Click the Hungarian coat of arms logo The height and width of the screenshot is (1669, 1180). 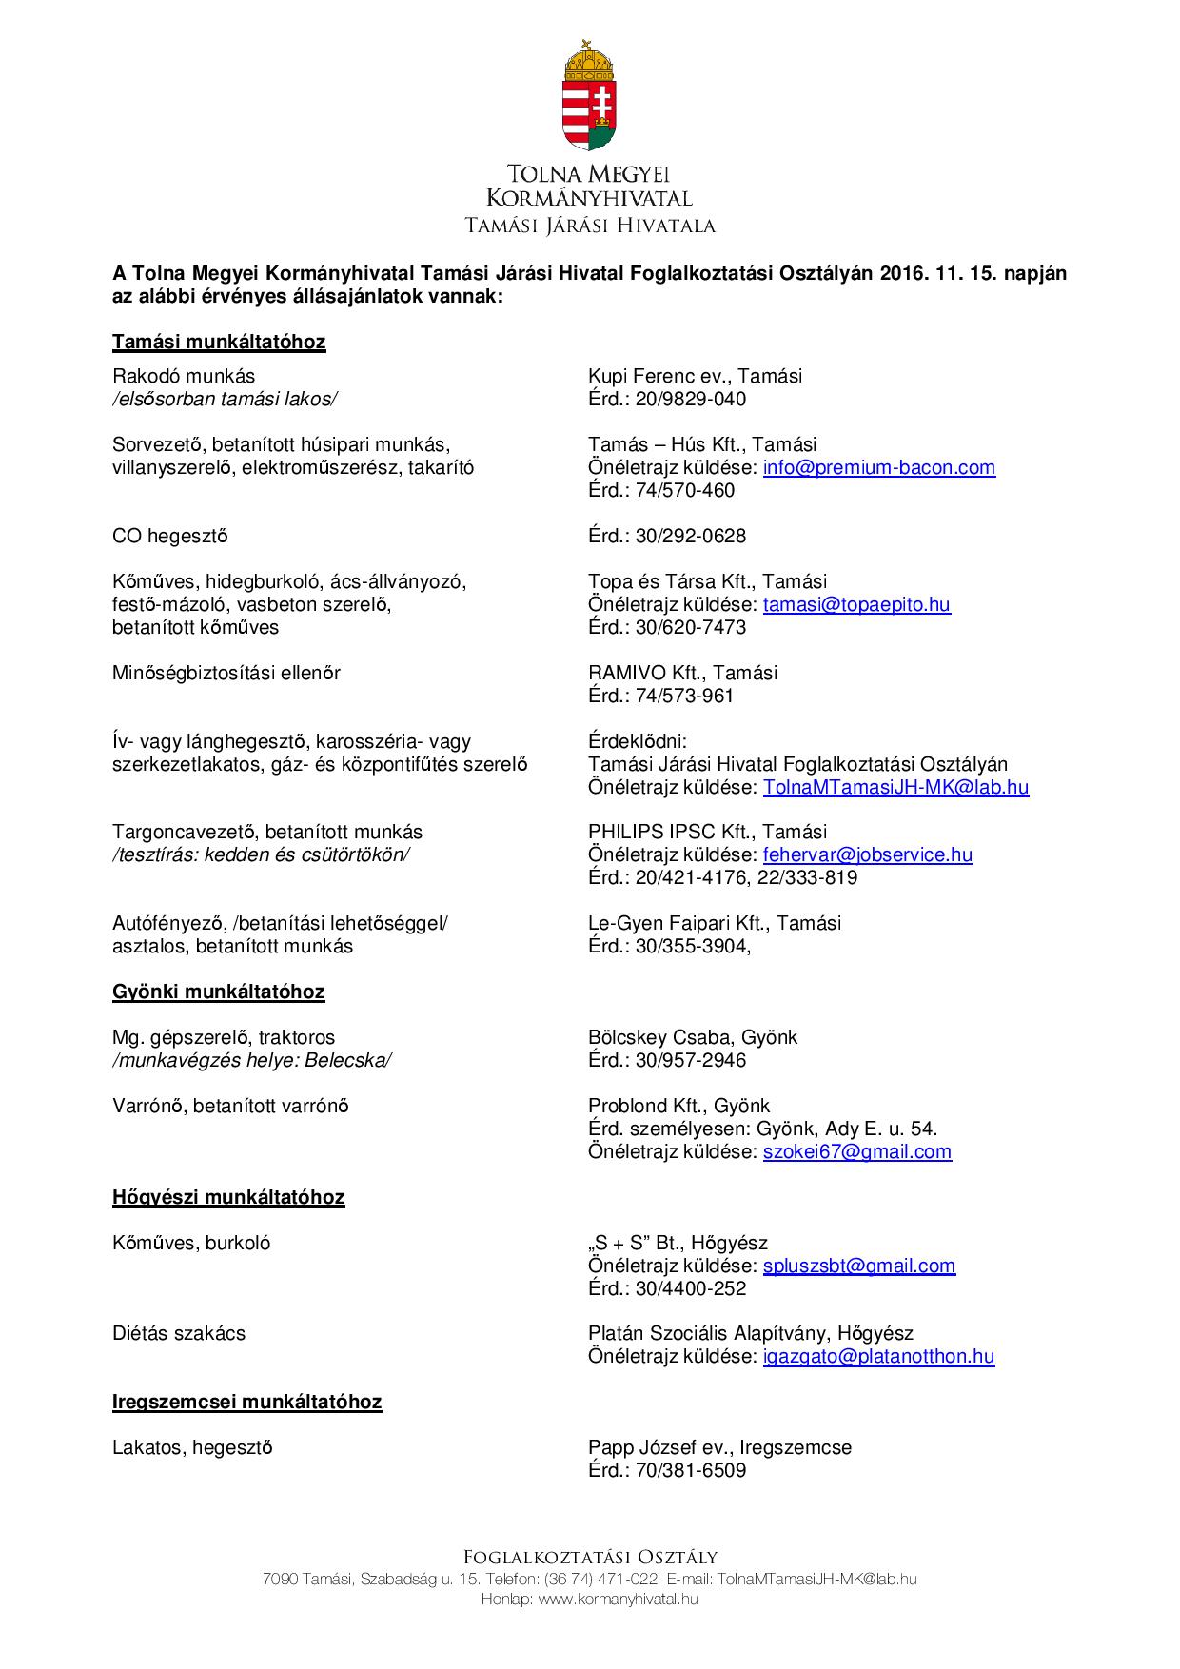pyautogui.click(x=589, y=95)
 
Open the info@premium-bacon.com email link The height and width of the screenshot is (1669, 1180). pyautogui.click(x=878, y=468)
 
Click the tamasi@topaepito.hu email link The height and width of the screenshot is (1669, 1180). pyautogui.click(x=856, y=605)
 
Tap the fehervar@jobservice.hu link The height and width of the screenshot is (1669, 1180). pyautogui.click(x=867, y=855)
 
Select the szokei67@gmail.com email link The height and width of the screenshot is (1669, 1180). pyautogui.click(x=856, y=1152)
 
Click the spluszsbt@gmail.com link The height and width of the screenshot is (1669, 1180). pyautogui.click(x=858, y=1266)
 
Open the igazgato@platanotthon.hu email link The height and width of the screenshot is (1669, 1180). pyautogui.click(x=878, y=1357)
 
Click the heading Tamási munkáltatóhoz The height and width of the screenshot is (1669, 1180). pyautogui.click(x=219, y=343)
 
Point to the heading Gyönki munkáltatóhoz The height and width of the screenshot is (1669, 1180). pyautogui.click(x=218, y=992)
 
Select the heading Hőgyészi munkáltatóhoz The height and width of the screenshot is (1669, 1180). pyautogui.click(x=228, y=1197)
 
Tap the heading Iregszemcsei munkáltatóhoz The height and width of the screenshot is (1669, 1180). pyautogui.click(x=246, y=1403)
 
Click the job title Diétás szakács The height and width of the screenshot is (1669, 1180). pyautogui.click(x=179, y=1334)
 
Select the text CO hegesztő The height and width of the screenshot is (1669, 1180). pyautogui.click(x=170, y=537)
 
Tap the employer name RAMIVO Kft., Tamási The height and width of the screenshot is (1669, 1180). pyautogui.click(x=682, y=674)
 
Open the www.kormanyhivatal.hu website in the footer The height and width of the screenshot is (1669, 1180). pyautogui.click(x=618, y=1600)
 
